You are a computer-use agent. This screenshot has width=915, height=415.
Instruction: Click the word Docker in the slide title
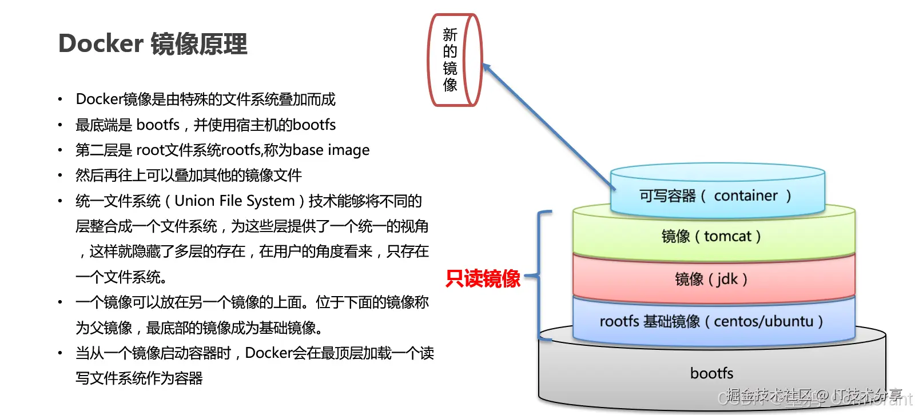101,44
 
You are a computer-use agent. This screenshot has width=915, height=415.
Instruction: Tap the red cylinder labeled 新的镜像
455,60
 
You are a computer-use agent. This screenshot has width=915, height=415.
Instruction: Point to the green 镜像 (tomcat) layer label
711,236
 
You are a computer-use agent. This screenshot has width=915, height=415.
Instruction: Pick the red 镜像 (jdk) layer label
711,279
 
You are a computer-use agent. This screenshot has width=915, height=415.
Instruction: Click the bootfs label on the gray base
711,373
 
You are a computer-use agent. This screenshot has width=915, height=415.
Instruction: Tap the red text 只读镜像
483,278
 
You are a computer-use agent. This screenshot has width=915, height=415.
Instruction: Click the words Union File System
234,201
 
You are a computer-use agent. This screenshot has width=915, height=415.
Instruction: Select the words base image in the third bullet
331,150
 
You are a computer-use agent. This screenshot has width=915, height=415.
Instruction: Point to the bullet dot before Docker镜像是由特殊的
60,99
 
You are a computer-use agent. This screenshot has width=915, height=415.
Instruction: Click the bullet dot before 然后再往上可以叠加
60,175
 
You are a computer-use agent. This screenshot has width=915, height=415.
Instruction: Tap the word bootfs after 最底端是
158,125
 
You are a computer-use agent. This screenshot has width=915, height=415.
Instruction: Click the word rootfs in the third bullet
241,150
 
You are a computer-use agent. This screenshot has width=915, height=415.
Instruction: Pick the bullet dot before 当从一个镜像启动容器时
60,353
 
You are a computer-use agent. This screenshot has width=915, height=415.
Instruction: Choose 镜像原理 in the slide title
199,44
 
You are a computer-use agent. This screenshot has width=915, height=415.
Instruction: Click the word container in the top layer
746,196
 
